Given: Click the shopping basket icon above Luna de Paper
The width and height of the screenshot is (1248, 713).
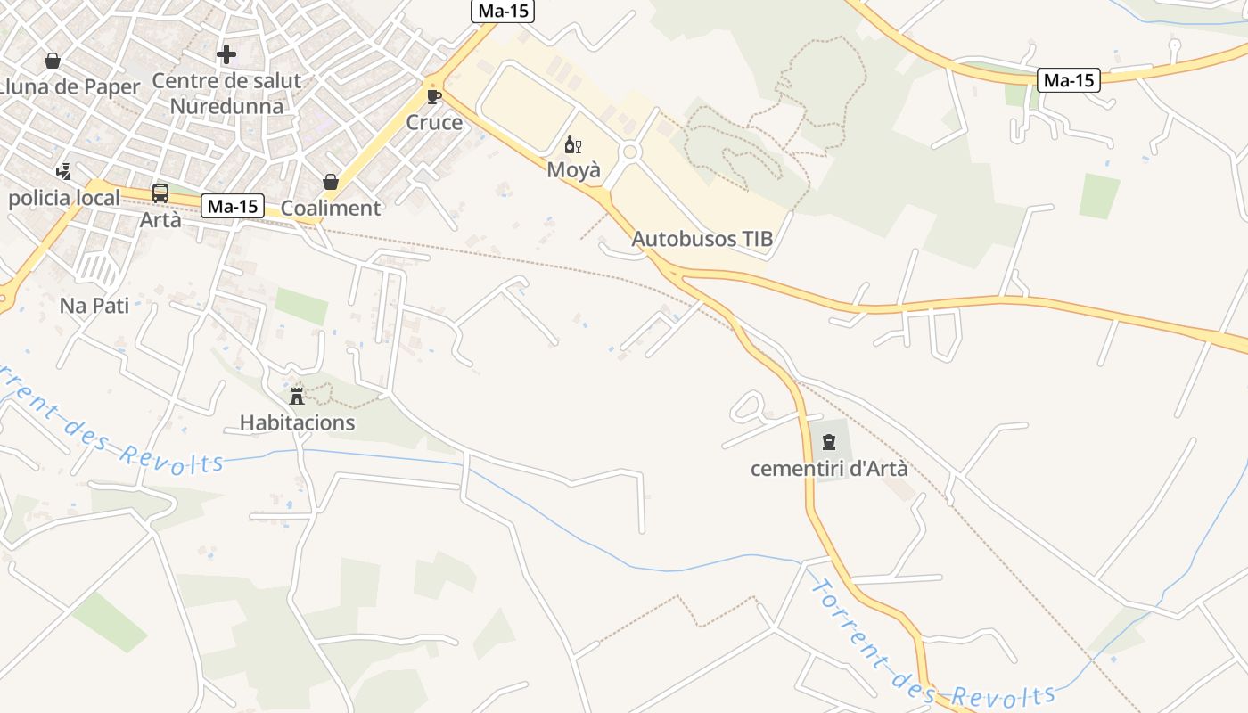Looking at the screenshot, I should tap(53, 61).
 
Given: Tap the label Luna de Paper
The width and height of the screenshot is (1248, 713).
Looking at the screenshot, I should tap(71, 86).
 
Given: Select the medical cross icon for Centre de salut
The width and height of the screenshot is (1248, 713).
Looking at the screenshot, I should tap(226, 54).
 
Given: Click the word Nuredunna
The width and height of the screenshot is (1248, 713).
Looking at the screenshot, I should tap(226, 106).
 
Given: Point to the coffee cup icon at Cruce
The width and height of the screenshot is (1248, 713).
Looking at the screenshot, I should tap(434, 96).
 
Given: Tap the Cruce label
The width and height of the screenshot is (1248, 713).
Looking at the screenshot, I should tap(434, 122).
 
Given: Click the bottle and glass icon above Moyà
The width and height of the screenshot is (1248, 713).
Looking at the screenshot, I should tap(573, 144).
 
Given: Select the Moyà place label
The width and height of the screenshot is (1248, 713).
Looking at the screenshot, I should tap(573, 170).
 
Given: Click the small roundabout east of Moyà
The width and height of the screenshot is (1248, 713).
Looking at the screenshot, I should tap(630, 152).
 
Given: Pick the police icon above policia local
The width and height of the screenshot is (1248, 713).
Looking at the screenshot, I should tap(63, 172).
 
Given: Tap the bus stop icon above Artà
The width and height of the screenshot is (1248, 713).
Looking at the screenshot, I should tap(160, 193).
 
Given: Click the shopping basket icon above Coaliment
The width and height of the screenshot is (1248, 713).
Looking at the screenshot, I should tap(331, 182).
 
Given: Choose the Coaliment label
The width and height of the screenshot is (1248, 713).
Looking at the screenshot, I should tap(331, 208).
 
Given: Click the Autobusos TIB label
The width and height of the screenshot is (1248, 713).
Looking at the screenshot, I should tap(702, 239).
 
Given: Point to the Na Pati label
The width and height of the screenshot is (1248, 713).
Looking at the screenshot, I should tap(94, 306).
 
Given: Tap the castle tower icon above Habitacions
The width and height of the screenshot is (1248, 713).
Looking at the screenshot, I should tap(297, 396).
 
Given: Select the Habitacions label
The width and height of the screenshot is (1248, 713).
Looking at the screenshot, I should tap(297, 422).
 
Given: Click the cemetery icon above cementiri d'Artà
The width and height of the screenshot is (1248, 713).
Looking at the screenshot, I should tap(829, 442).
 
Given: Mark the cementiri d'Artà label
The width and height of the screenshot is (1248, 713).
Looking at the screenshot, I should tap(829, 469).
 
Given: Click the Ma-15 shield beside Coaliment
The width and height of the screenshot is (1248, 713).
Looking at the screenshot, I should tap(232, 207).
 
